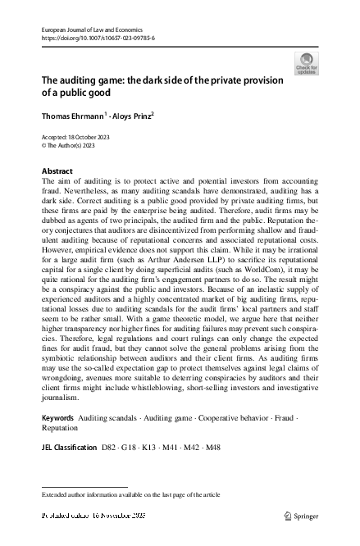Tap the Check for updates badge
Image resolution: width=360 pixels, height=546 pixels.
[306, 64]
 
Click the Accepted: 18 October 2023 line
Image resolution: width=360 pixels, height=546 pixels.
[75, 136]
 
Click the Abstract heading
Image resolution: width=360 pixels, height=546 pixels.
[57, 171]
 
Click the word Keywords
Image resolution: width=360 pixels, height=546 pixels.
[57, 418]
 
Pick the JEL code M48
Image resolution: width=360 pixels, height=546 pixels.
[212, 448]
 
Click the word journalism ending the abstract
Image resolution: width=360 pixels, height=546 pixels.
[62, 400]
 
